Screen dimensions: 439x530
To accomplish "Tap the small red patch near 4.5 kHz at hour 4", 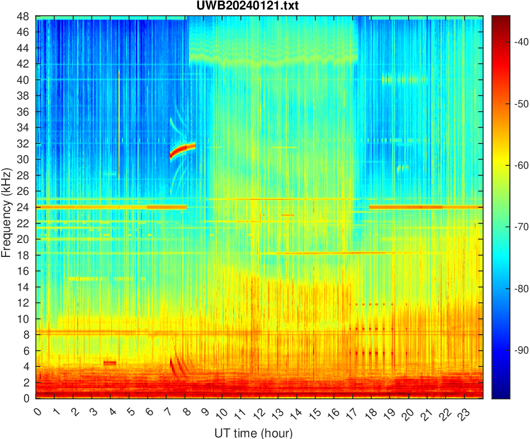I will [x=110, y=363].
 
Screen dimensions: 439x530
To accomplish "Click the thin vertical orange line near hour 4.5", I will [x=119, y=123].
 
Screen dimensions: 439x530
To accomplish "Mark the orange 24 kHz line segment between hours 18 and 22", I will [x=405, y=207].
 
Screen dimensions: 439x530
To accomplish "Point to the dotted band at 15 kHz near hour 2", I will [x=84, y=278].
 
